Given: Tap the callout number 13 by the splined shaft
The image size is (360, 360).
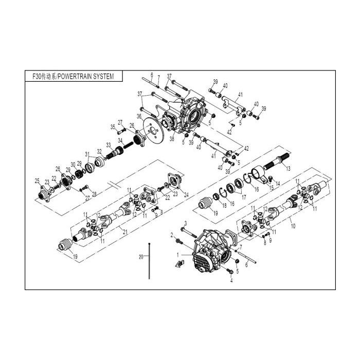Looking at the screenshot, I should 289,169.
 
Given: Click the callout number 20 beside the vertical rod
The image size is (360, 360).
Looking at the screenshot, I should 140,256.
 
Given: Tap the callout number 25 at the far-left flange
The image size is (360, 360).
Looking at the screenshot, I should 37,180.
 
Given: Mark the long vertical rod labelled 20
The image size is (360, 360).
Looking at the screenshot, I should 149,260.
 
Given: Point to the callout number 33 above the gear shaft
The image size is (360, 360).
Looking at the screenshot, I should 109,144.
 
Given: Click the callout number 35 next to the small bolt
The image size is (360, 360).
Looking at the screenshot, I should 113,127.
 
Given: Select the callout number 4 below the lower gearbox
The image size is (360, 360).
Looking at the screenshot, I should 231,281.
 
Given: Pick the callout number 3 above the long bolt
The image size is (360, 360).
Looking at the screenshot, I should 185,223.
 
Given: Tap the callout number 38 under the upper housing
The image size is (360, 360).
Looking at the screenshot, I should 172,138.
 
